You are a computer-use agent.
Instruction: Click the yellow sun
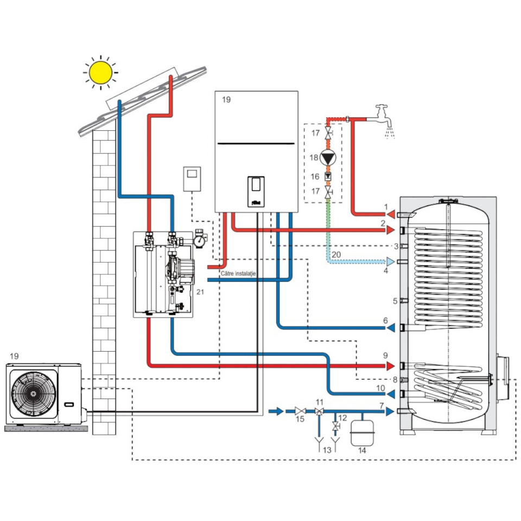pos(101,72)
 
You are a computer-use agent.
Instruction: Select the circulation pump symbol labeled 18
pos(328,157)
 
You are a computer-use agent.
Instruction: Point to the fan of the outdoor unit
pos(33,394)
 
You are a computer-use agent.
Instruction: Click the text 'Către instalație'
pos(238,274)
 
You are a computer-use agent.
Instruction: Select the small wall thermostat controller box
pos(192,179)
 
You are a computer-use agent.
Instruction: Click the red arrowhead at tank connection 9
pos(390,366)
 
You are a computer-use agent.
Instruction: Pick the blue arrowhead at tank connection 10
pos(390,394)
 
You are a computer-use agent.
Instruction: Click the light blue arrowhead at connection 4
pos(390,262)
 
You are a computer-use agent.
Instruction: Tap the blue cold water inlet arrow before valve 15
pos(276,411)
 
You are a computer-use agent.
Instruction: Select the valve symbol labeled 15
pos(300,411)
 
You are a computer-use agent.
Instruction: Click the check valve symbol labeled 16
pos(328,176)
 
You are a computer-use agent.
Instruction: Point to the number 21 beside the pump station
pos(200,292)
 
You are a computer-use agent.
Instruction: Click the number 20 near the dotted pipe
pos(336,255)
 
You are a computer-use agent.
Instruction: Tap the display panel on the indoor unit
pos(256,192)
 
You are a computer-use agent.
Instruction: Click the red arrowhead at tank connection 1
pos(391,214)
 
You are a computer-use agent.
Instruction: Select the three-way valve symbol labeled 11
pos(319,411)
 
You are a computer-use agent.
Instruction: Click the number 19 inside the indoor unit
pos(226,100)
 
